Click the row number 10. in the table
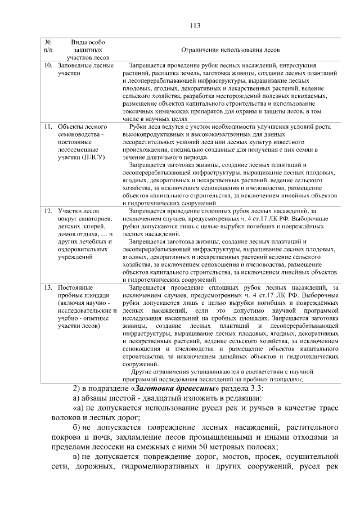pyautogui.click(x=48, y=65)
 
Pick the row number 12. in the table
pyautogui.click(x=48, y=210)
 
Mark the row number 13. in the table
pyautogui.click(x=48, y=287)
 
